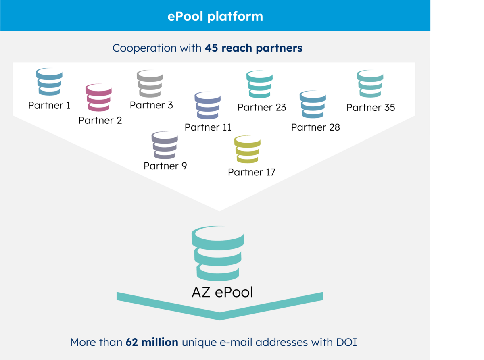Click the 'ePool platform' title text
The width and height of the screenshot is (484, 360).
[215, 17]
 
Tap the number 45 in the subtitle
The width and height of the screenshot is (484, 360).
[211, 48]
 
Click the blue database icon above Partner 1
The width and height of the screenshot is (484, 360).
[49, 81]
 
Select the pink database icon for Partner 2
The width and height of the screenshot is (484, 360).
[98, 98]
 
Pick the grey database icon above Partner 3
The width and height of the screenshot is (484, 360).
[150, 83]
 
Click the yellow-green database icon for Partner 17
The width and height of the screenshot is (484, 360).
[247, 149]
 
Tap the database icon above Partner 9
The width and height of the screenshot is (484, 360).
[165, 145]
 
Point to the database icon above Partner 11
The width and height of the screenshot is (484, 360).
[208, 105]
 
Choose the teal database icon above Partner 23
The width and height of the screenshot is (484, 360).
[259, 84]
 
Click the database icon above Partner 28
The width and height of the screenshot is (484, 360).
[313, 104]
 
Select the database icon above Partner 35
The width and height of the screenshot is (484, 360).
[370, 83]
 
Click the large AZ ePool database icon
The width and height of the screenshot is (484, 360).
[218, 253]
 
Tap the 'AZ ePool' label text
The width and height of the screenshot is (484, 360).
[222, 292]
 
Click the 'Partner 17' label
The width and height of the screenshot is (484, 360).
[252, 172]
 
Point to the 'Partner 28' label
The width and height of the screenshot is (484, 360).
[315, 127]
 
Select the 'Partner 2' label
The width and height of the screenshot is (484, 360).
[100, 120]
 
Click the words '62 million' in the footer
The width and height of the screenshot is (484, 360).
[152, 342]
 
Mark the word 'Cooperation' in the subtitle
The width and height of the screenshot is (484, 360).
[144, 48]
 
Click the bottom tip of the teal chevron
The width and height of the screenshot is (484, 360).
[220, 320]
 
